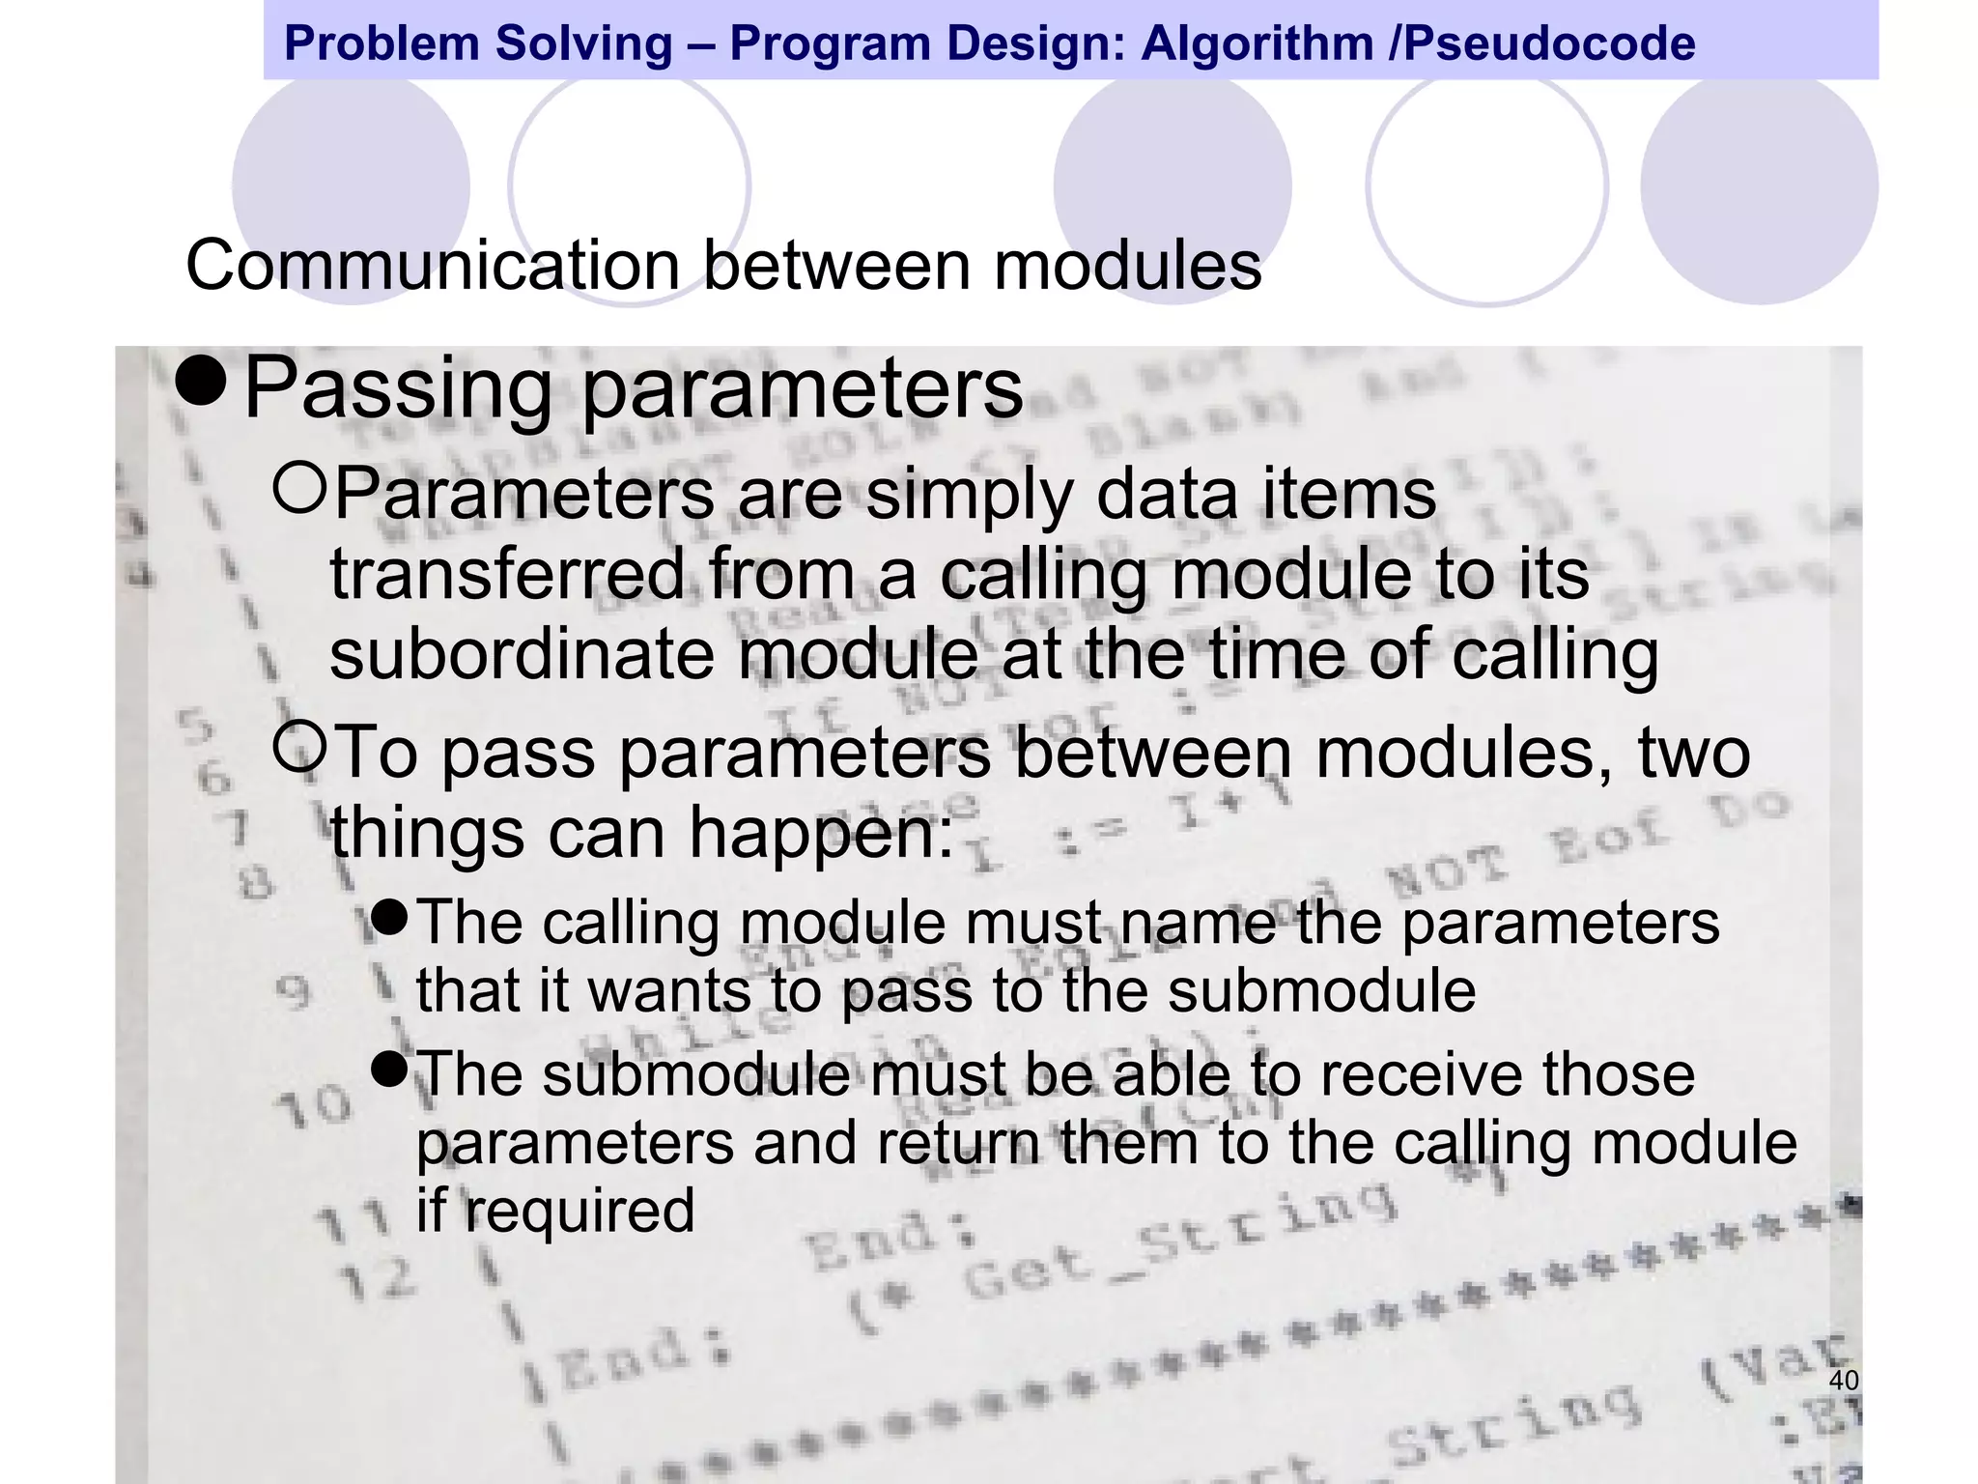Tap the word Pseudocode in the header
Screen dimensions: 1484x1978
pos(1549,43)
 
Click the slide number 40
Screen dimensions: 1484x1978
pos(1844,1381)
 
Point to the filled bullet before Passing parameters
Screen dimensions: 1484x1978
pos(201,383)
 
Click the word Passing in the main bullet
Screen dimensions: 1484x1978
pos(397,388)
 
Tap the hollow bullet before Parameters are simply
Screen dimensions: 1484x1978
pos(300,486)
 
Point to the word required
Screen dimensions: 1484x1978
pos(579,1210)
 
